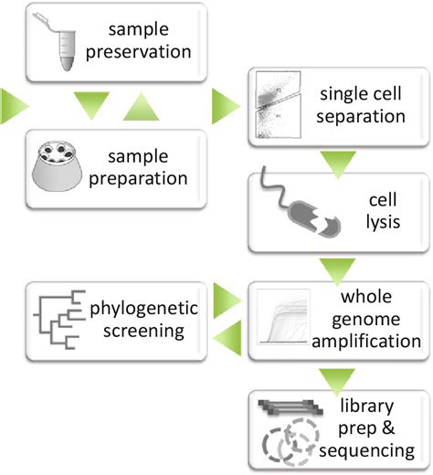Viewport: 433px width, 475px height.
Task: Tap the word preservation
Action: tap(139, 52)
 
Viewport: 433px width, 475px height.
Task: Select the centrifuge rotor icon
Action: tap(57, 166)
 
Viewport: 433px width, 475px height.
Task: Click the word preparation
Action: tap(138, 179)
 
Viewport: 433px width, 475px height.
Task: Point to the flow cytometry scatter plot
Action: tap(279, 105)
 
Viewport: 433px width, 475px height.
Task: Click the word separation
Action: tap(361, 116)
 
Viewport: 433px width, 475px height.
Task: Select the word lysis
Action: tap(383, 222)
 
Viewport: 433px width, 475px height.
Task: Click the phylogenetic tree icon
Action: tap(59, 320)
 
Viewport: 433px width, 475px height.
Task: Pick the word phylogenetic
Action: tap(143, 309)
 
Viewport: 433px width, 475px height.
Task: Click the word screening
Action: tap(143, 332)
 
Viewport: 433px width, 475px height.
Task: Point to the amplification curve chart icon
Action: tap(283, 317)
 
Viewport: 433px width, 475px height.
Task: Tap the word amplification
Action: tap(366, 341)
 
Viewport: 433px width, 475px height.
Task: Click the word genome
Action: tap(366, 321)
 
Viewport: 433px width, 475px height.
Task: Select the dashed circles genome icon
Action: tap(290, 443)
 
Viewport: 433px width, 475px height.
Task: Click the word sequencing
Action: tap(367, 451)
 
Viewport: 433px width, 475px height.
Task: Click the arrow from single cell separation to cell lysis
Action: tap(338, 164)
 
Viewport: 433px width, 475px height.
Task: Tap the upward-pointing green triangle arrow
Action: tap(141, 108)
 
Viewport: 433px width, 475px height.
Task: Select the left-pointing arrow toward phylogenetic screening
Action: tap(227, 338)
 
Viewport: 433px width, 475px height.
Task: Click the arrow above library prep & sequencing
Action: tap(337, 381)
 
